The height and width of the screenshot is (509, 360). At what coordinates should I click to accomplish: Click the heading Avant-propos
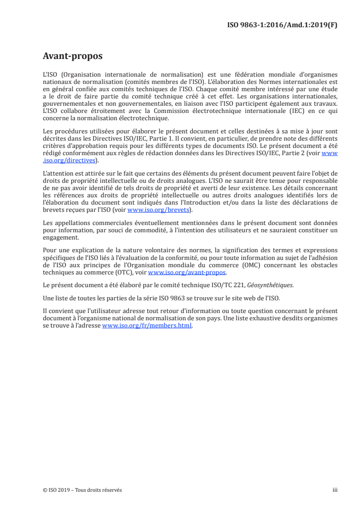(72, 56)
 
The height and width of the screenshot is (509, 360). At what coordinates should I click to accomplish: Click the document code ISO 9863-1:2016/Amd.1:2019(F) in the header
(282, 24)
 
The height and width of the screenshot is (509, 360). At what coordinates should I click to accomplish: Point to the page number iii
(335, 490)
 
